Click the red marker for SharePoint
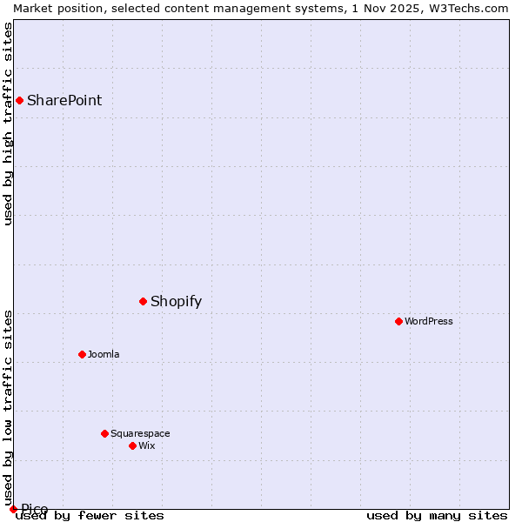[x=19, y=100]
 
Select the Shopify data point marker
[x=143, y=301]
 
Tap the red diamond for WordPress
[x=398, y=321]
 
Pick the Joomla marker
[x=82, y=354]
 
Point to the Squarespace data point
[x=104, y=433]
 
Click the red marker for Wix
[x=132, y=445]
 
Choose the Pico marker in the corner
[x=13, y=509]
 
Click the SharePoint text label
[x=64, y=100]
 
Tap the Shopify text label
[x=176, y=302]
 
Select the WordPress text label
[x=429, y=321]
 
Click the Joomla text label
[x=104, y=354]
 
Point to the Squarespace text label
[x=140, y=433]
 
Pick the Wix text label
[x=147, y=445]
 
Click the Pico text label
[x=35, y=509]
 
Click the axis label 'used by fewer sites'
[x=90, y=516]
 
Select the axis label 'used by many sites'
[x=437, y=516]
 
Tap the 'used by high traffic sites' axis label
[x=9, y=124]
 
